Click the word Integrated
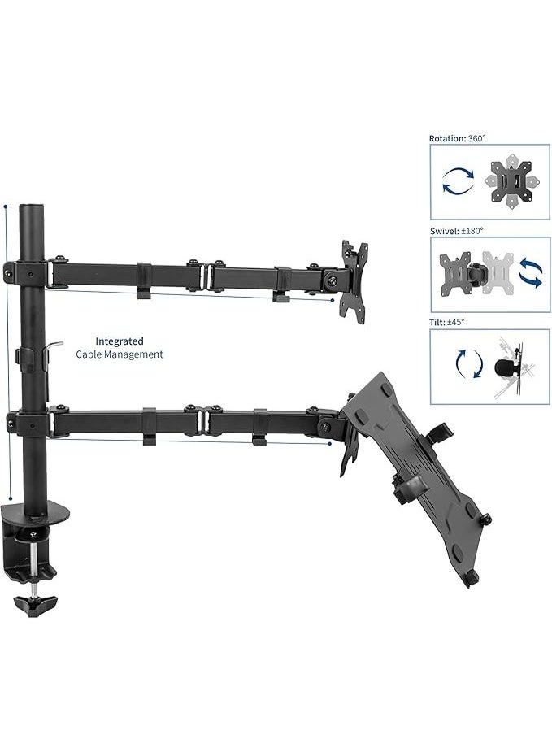[120, 341]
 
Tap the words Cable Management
[120, 354]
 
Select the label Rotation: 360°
[458, 139]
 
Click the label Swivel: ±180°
[456, 231]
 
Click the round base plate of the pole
[37, 512]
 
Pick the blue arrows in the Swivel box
[531, 272]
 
